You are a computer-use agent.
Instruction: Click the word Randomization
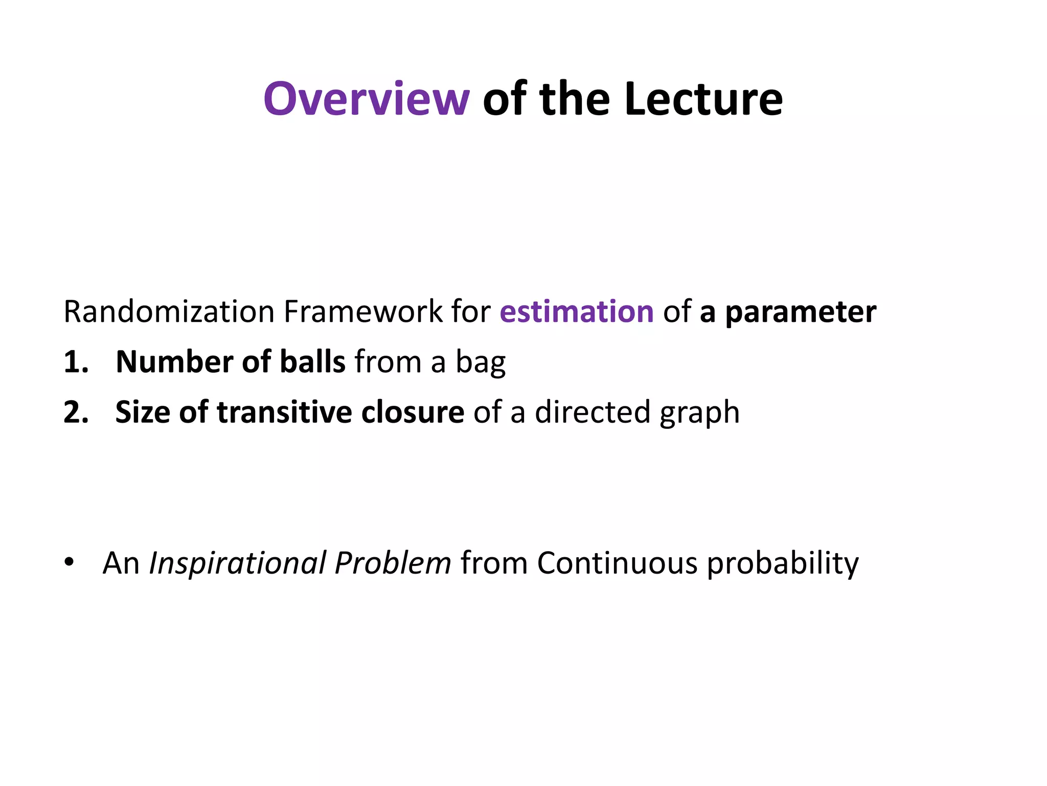pos(169,312)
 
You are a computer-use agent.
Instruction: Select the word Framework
pos(363,312)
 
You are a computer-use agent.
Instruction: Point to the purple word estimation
pos(576,312)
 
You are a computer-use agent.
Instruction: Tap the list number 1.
pos(75,362)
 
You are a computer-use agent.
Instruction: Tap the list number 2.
pos(76,412)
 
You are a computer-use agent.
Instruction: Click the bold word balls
pos(313,362)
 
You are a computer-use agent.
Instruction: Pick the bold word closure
pos(412,412)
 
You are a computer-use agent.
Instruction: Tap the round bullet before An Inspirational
pos(69,563)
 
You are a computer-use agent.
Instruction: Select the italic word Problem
pos(393,563)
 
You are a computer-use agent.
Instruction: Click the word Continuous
pos(617,563)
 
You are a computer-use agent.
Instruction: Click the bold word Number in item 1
pos(174,362)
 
